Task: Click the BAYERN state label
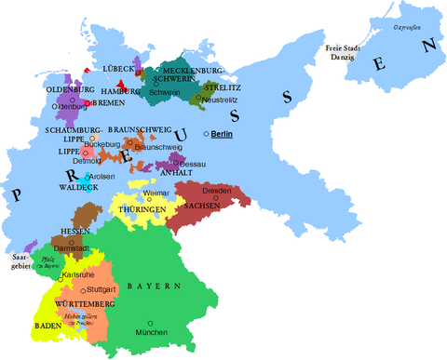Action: pos(154,287)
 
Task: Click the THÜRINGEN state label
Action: pos(142,210)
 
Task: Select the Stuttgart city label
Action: pos(102,290)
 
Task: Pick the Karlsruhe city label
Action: pos(75,276)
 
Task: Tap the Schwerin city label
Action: pos(165,93)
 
